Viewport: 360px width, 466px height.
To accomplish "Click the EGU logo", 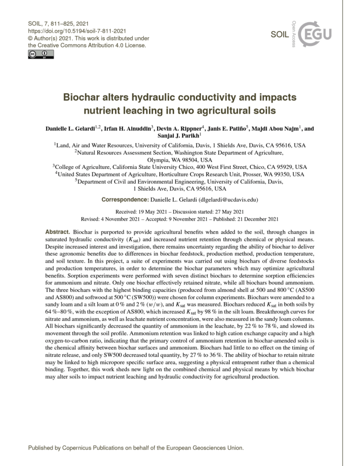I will click(316, 33).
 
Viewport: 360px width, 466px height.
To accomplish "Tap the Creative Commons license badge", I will click(41, 55).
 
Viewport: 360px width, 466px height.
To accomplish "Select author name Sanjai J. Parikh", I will click(179, 136).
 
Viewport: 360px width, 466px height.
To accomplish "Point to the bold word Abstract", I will click(58, 232).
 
